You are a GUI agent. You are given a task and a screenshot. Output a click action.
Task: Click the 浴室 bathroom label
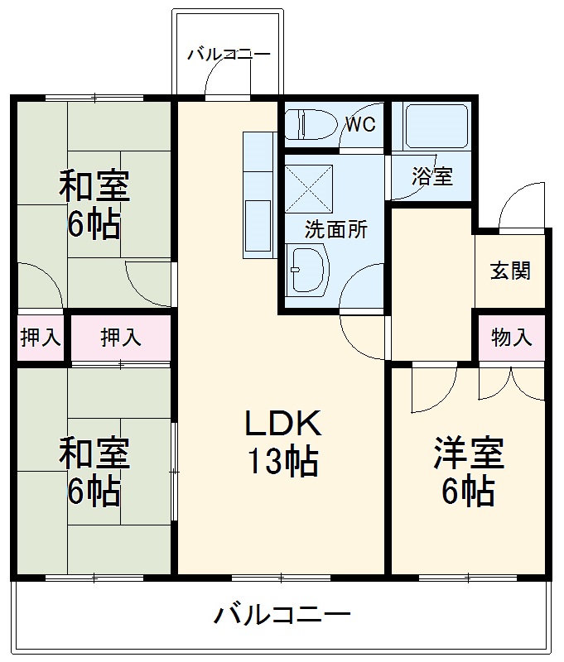click(431, 176)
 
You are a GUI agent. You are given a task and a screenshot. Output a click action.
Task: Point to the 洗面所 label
click(335, 230)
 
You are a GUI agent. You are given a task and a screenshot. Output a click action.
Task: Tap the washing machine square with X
click(308, 187)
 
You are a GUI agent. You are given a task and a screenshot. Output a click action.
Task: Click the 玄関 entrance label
click(509, 271)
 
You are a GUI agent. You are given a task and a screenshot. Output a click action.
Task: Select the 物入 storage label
click(511, 338)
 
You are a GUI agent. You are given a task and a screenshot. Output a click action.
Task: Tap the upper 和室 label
click(93, 187)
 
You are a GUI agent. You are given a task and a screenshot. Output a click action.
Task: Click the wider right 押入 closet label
click(120, 338)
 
